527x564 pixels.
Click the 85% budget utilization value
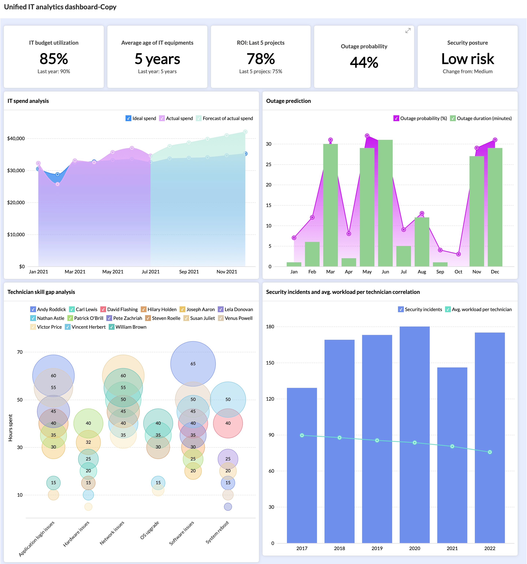(54, 59)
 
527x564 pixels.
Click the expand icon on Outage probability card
(408, 31)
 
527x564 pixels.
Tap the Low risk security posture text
(467, 59)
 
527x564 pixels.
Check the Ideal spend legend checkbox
(128, 118)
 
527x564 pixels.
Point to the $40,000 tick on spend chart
(16, 139)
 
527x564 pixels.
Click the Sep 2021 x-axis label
(189, 272)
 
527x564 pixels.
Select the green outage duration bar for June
(385, 203)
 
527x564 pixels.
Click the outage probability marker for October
(458, 254)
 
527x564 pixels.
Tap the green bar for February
(312, 254)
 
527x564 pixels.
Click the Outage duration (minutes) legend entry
(484, 118)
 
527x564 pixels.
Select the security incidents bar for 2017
(302, 465)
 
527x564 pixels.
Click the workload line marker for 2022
(490, 452)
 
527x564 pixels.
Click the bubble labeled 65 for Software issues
(193, 363)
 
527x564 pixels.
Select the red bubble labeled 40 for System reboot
(228, 423)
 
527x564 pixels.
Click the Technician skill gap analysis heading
(41, 292)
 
